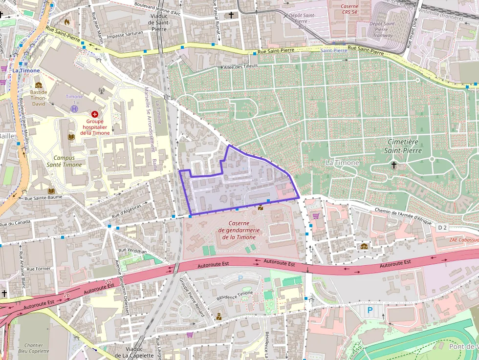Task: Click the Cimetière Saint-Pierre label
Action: click(x=404, y=146)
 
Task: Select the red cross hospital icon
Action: click(x=94, y=113)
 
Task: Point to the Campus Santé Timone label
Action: click(x=68, y=161)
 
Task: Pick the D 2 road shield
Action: click(x=442, y=228)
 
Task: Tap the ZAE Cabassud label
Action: click(x=463, y=240)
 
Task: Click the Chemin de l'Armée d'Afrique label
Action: click(x=403, y=216)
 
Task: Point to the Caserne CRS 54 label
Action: click(x=349, y=9)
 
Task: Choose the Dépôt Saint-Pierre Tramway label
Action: click(x=382, y=29)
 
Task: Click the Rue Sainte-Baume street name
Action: click(x=44, y=197)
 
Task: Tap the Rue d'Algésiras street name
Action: click(x=126, y=211)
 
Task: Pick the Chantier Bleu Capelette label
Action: click(x=34, y=348)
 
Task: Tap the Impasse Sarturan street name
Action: click(x=125, y=33)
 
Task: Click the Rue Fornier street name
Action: click(x=38, y=269)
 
